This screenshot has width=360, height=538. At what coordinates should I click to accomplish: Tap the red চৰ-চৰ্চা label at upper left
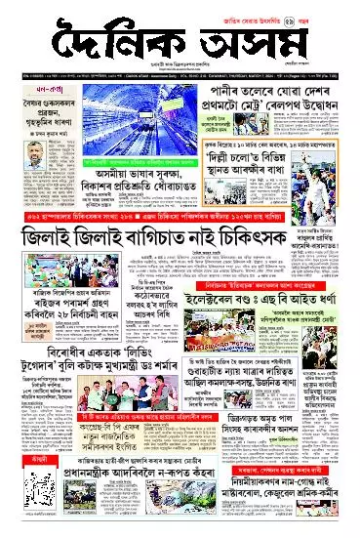(x=19, y=85)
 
